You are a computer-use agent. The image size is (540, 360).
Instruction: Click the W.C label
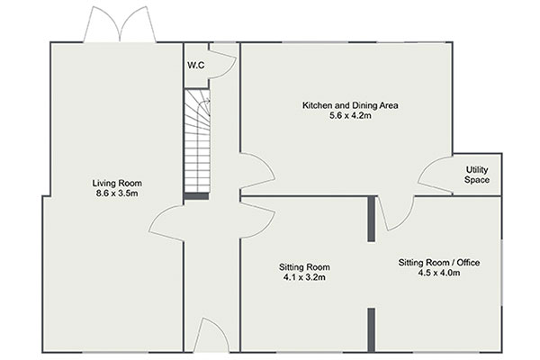coord(196,65)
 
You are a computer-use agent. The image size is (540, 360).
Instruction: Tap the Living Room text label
coord(117,183)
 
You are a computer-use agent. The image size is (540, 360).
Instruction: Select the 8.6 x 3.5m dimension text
coord(117,193)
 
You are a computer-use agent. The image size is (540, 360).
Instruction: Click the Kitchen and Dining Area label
coord(350,105)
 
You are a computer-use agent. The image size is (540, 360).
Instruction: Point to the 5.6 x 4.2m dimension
coord(350,115)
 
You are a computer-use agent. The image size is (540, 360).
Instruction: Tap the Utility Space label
coord(477,175)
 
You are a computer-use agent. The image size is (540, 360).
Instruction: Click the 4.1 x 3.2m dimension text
coord(304,277)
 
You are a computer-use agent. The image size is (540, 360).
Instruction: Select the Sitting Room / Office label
coord(439,263)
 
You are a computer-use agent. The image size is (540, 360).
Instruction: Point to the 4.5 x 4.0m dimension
coord(439,273)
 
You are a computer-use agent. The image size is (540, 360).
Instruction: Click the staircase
coord(197,140)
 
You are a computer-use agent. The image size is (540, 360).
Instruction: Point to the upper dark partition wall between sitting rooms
coord(371,219)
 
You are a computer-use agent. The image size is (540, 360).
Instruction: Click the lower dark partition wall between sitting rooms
coord(371,330)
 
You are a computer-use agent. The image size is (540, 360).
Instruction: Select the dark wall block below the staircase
coord(196,196)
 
